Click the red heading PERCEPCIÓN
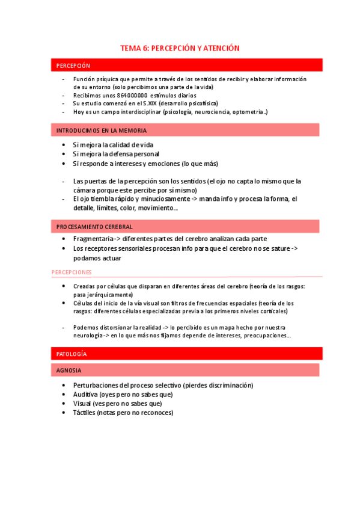pos(73,66)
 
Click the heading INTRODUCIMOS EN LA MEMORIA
pos(101,130)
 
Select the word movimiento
pos(156,208)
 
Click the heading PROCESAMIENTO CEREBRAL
pos(94,227)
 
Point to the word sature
pos(273,248)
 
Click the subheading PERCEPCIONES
pos(72,272)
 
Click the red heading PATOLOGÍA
pos(72,354)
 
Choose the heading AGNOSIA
pos(69,370)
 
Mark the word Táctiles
pos(84,413)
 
